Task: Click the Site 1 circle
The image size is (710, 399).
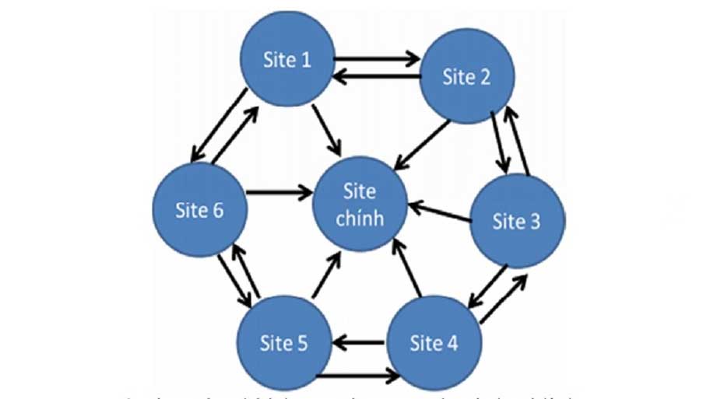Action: click(x=287, y=59)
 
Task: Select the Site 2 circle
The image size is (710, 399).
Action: click(x=466, y=76)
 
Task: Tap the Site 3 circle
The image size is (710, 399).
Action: click(x=518, y=221)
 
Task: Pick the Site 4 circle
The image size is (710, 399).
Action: click(x=434, y=342)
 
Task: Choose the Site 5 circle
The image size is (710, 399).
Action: click(x=284, y=342)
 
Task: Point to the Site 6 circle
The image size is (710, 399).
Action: click(x=200, y=210)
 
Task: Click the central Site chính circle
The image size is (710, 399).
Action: click(x=360, y=204)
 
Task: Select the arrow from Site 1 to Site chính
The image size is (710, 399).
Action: click(x=326, y=128)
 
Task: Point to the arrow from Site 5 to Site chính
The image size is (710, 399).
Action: click(x=326, y=275)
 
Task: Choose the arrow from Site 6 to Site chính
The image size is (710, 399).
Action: click(x=279, y=192)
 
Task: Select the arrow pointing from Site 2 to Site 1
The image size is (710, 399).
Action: click(x=378, y=75)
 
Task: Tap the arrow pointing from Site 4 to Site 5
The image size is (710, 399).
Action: click(x=359, y=341)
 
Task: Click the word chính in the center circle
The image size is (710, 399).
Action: click(x=360, y=218)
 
